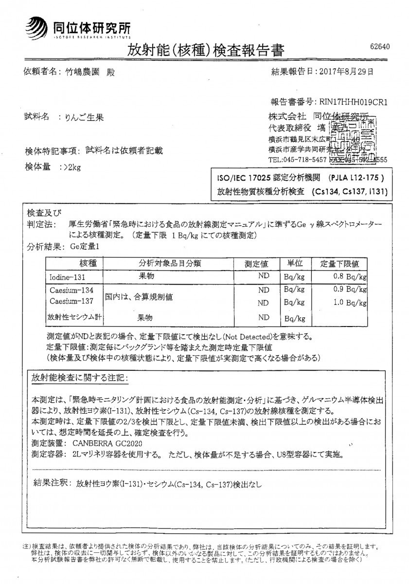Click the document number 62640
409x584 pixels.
click(x=380, y=47)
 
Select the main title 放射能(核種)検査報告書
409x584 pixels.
click(x=205, y=50)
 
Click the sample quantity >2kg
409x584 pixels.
click(x=68, y=167)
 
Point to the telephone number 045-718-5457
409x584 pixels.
click(x=303, y=159)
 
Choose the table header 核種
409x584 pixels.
click(x=73, y=263)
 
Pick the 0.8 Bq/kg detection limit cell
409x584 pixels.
click(x=347, y=276)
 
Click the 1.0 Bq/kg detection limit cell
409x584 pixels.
click(x=347, y=302)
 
